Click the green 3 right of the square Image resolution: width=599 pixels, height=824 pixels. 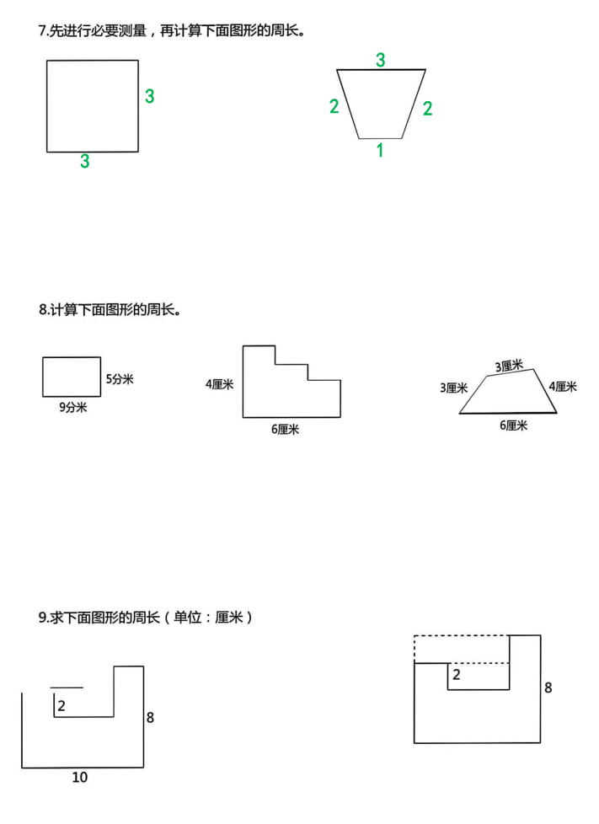(x=150, y=96)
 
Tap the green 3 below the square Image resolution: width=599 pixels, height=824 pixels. (x=84, y=161)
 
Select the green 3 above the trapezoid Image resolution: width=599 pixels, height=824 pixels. (x=381, y=60)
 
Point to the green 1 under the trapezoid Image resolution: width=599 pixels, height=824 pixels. (x=380, y=150)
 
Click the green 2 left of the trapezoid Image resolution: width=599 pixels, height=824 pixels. (x=334, y=106)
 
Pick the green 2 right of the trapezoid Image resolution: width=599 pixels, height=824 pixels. (x=428, y=108)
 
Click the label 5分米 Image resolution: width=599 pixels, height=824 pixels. (x=120, y=379)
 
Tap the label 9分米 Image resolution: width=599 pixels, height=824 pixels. (x=73, y=407)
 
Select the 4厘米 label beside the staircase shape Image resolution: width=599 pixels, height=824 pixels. (x=220, y=384)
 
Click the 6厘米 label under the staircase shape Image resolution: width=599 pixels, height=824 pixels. (x=286, y=430)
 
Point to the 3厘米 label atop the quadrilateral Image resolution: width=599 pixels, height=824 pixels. (x=509, y=366)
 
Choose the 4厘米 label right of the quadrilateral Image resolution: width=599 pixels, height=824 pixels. (x=563, y=387)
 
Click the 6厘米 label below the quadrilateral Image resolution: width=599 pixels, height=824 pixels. (x=513, y=425)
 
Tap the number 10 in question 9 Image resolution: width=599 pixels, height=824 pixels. (x=80, y=777)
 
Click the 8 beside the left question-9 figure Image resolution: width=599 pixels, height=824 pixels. (x=150, y=717)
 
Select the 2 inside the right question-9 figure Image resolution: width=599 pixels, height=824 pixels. (x=456, y=674)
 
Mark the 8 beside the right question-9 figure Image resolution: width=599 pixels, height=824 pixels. (x=548, y=688)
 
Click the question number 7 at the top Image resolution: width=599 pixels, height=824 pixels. (x=41, y=31)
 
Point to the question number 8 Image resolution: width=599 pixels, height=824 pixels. (x=42, y=309)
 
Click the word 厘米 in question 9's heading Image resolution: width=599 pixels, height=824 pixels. (x=229, y=617)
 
